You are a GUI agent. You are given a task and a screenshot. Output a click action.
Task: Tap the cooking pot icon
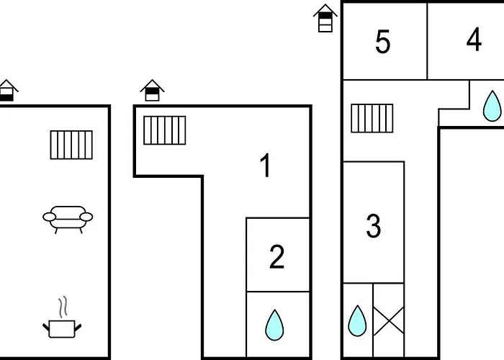tap(62, 328)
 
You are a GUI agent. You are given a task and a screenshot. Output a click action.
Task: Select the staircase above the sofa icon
tap(71, 144)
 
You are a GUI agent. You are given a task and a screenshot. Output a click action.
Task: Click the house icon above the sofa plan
tap(7, 90)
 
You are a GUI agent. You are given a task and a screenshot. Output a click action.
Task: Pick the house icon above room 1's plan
tap(152, 90)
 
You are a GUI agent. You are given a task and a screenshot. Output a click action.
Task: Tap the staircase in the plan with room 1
tap(164, 130)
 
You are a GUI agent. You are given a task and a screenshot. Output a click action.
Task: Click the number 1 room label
tap(266, 166)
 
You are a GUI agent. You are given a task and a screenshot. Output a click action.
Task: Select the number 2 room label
tap(277, 257)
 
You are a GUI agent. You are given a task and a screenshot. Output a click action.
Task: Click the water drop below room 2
tap(274, 325)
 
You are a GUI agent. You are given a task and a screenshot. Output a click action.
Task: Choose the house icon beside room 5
tap(325, 17)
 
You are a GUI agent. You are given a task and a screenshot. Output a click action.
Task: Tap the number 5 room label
tap(383, 42)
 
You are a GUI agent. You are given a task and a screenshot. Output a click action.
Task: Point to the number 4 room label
tap(474, 40)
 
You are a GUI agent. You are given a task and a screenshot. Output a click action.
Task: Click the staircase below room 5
tap(372, 118)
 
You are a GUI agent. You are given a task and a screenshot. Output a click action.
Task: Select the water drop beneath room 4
tap(492, 105)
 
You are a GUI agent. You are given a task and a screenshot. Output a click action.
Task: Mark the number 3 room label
tap(373, 226)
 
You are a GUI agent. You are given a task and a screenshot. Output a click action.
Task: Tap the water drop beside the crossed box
tap(357, 321)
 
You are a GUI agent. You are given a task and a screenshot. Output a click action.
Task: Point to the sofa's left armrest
tap(49, 215)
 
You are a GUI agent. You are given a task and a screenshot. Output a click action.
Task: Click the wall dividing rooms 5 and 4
tap(427, 41)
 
